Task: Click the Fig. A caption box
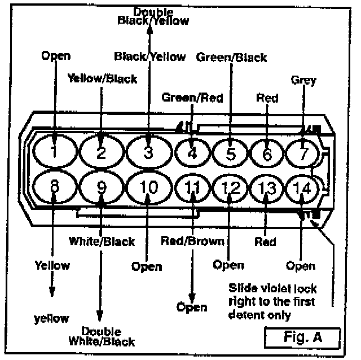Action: [x=302, y=339]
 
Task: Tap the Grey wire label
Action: [x=303, y=80]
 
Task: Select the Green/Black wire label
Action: [x=231, y=57]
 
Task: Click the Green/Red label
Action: [x=192, y=97]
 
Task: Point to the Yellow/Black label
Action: [x=102, y=78]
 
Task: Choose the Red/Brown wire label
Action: [x=192, y=242]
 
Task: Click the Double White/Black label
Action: [x=102, y=336]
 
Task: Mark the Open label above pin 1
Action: [x=55, y=55]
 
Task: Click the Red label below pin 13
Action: [x=265, y=242]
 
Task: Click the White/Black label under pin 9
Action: [x=102, y=242]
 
